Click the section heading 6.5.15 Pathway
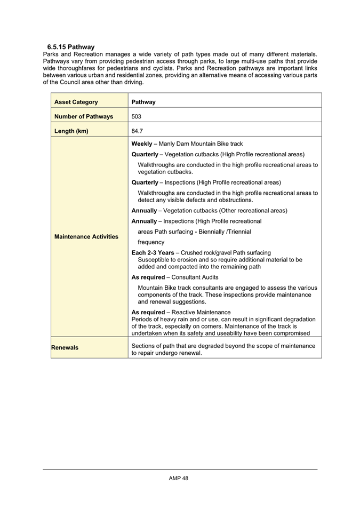coord(70,47)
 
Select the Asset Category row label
coord(76,102)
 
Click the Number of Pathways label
coord(84,116)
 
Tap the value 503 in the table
coord(137,116)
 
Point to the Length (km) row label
coord(71,131)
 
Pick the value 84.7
coord(138,131)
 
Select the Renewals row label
coord(65,347)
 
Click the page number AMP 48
coord(179,478)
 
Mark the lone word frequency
coord(151,242)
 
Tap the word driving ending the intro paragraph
coord(133,82)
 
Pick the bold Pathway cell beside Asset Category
coord(143,102)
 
